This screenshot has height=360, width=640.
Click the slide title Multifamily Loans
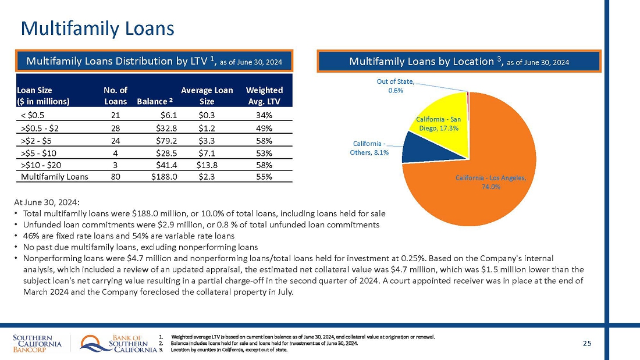(x=97, y=28)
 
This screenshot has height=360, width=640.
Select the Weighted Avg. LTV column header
(x=264, y=95)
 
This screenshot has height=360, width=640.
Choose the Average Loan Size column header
(x=207, y=95)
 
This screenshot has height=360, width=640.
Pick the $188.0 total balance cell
(x=164, y=176)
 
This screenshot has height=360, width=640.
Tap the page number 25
(x=587, y=344)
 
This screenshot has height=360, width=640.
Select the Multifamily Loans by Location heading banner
(x=458, y=61)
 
